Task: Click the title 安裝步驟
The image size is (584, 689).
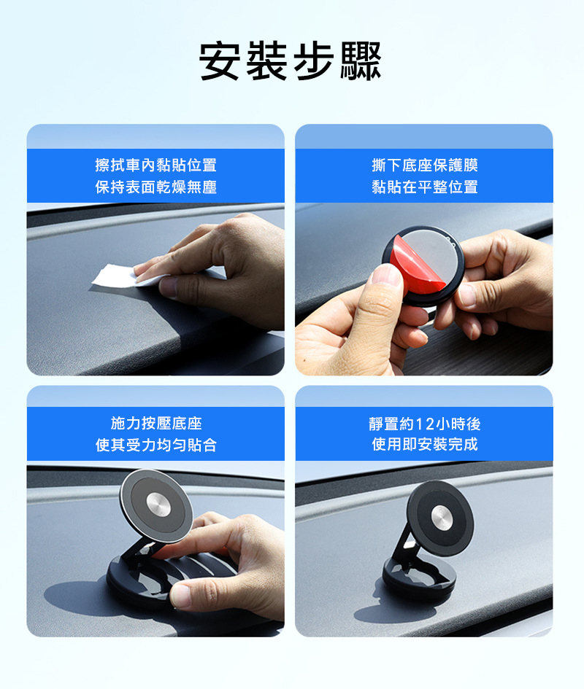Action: pyautogui.click(x=290, y=61)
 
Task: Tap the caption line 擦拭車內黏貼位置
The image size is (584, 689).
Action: pyautogui.click(x=155, y=166)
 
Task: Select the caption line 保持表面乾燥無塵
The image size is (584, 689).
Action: pyautogui.click(x=155, y=187)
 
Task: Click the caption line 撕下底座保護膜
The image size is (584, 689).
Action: pyautogui.click(x=424, y=166)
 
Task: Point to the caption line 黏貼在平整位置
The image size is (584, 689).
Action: pyautogui.click(x=424, y=187)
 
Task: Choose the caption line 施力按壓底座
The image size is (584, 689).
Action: pyautogui.click(x=155, y=423)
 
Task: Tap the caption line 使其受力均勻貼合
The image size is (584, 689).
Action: pyautogui.click(x=155, y=445)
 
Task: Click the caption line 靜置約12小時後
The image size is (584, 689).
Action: pyautogui.click(x=424, y=424)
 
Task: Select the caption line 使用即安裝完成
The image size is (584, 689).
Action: pyautogui.click(x=424, y=444)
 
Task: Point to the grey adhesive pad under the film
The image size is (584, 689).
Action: pyautogui.click(x=433, y=254)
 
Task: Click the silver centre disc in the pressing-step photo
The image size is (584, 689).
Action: pyautogui.click(x=158, y=505)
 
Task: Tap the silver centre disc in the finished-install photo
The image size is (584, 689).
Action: pyautogui.click(x=442, y=517)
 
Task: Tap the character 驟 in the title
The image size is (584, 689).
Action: pyautogui.click(x=361, y=61)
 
